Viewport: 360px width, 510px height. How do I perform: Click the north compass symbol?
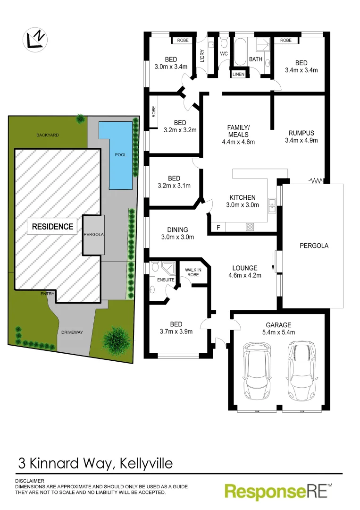(x=35, y=39)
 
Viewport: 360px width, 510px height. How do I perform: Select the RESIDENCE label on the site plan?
(x=52, y=227)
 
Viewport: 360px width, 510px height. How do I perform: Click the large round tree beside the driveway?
(x=116, y=340)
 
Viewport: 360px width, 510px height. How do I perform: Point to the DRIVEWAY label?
(x=72, y=332)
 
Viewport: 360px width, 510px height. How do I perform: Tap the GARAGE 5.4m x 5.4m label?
(x=279, y=329)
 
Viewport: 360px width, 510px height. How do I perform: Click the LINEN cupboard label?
(x=238, y=74)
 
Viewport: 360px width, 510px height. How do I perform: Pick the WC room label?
(x=224, y=54)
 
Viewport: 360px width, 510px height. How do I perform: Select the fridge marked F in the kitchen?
(x=218, y=228)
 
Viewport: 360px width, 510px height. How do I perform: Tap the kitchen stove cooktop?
(x=250, y=228)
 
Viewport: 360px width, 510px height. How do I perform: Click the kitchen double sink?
(x=272, y=204)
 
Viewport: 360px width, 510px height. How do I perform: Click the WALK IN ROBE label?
(x=193, y=272)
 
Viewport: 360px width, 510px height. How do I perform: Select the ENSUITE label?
(x=165, y=280)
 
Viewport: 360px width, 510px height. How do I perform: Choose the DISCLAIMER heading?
(x=29, y=481)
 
